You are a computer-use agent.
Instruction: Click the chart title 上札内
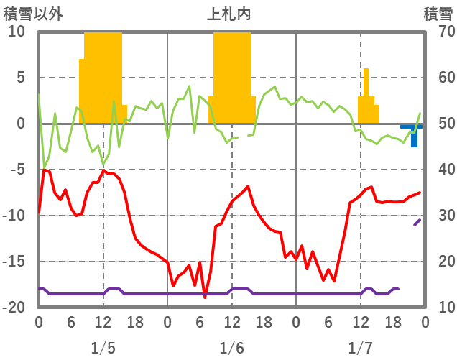pos(228,14)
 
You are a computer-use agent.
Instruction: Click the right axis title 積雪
pos(438,14)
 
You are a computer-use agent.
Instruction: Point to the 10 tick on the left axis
pos(17,32)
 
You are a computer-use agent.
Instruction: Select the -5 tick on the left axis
pos(17,170)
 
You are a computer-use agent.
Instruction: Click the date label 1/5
pos(103,348)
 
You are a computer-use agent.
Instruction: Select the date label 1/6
pos(231,348)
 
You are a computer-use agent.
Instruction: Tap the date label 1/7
pos(361,348)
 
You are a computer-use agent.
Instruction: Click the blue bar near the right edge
pos(415,135)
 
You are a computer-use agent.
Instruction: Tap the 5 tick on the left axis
pos(19,78)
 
